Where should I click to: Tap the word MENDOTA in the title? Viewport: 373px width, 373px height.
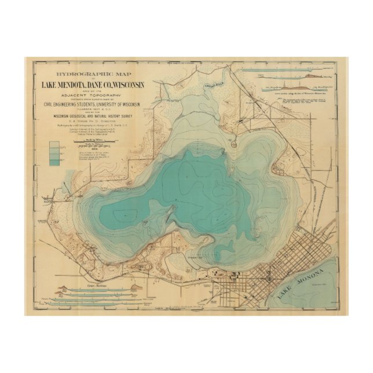(x=83, y=85)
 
